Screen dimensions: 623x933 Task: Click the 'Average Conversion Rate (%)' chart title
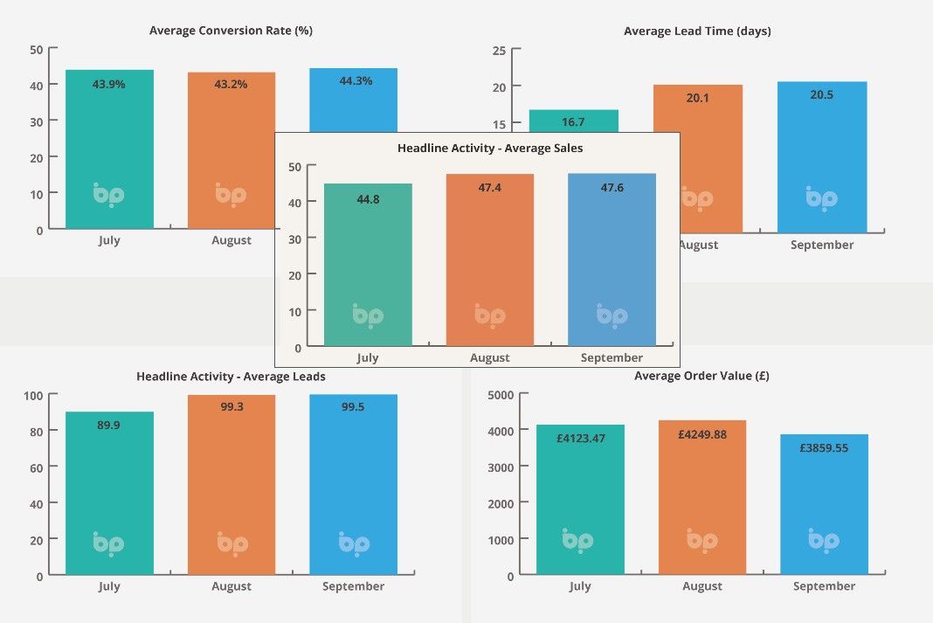point(231,31)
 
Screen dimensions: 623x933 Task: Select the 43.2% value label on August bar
point(231,85)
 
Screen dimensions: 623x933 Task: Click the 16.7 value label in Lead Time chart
point(574,122)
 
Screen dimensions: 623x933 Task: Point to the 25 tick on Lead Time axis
point(500,51)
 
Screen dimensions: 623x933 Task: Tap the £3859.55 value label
point(824,448)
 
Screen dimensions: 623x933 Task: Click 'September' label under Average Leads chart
point(353,587)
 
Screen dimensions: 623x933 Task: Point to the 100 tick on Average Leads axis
point(33,395)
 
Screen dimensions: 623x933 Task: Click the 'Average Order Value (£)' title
point(701,377)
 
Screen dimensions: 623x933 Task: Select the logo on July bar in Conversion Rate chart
point(109,194)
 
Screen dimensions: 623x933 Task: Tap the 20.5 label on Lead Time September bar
point(821,95)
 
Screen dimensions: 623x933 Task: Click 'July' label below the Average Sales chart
point(368,358)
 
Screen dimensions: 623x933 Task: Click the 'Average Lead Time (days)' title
point(697,31)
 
